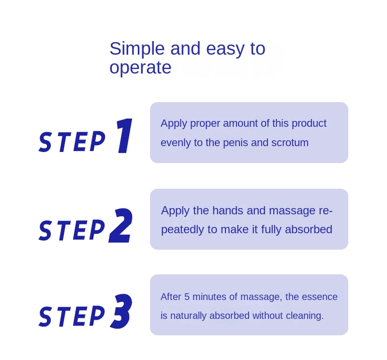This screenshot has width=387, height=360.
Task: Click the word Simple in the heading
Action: [137, 49]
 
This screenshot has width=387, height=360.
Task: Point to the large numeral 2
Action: [120, 225]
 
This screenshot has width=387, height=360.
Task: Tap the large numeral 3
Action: [121, 311]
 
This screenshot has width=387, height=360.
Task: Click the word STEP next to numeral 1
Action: [72, 141]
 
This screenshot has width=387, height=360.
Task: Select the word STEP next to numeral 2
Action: [72, 230]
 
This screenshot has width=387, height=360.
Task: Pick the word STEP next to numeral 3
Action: [72, 316]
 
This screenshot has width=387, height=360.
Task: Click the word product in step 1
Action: [309, 124]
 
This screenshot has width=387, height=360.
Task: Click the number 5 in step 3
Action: [187, 297]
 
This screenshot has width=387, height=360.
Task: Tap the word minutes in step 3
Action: [209, 297]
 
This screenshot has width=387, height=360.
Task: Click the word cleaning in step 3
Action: [305, 316]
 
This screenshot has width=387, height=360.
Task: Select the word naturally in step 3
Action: [188, 316]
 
